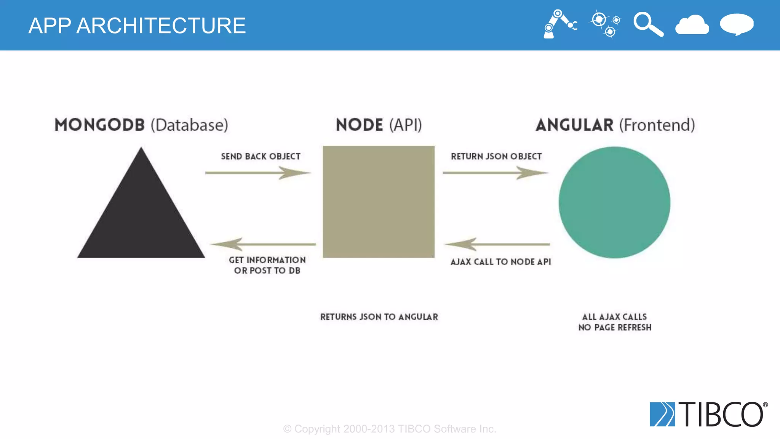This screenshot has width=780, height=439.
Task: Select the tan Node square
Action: tap(379, 202)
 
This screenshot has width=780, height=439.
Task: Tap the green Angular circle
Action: tap(614, 202)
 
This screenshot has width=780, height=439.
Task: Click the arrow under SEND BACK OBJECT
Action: tap(258, 173)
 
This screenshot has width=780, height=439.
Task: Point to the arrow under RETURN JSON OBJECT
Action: tap(495, 173)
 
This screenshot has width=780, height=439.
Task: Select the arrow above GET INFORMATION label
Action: tap(263, 244)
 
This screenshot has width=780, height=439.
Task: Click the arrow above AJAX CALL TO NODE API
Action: tap(497, 244)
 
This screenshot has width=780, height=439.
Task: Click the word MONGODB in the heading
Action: tap(99, 125)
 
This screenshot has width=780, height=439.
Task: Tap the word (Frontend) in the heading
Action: tap(657, 125)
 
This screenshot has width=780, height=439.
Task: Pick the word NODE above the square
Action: tap(359, 125)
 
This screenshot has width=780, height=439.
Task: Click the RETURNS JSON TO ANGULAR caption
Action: tap(379, 317)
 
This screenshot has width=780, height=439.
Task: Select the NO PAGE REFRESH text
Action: tap(615, 327)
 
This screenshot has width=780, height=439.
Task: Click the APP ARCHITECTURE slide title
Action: tap(137, 26)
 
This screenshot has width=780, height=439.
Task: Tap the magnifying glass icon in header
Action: tap(648, 24)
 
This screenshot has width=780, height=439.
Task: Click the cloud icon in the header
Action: tap(692, 25)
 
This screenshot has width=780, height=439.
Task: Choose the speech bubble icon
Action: tap(737, 24)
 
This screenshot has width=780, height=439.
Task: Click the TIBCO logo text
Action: tap(722, 414)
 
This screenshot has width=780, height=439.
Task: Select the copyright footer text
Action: tap(389, 429)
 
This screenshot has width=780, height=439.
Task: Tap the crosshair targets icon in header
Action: tap(605, 24)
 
